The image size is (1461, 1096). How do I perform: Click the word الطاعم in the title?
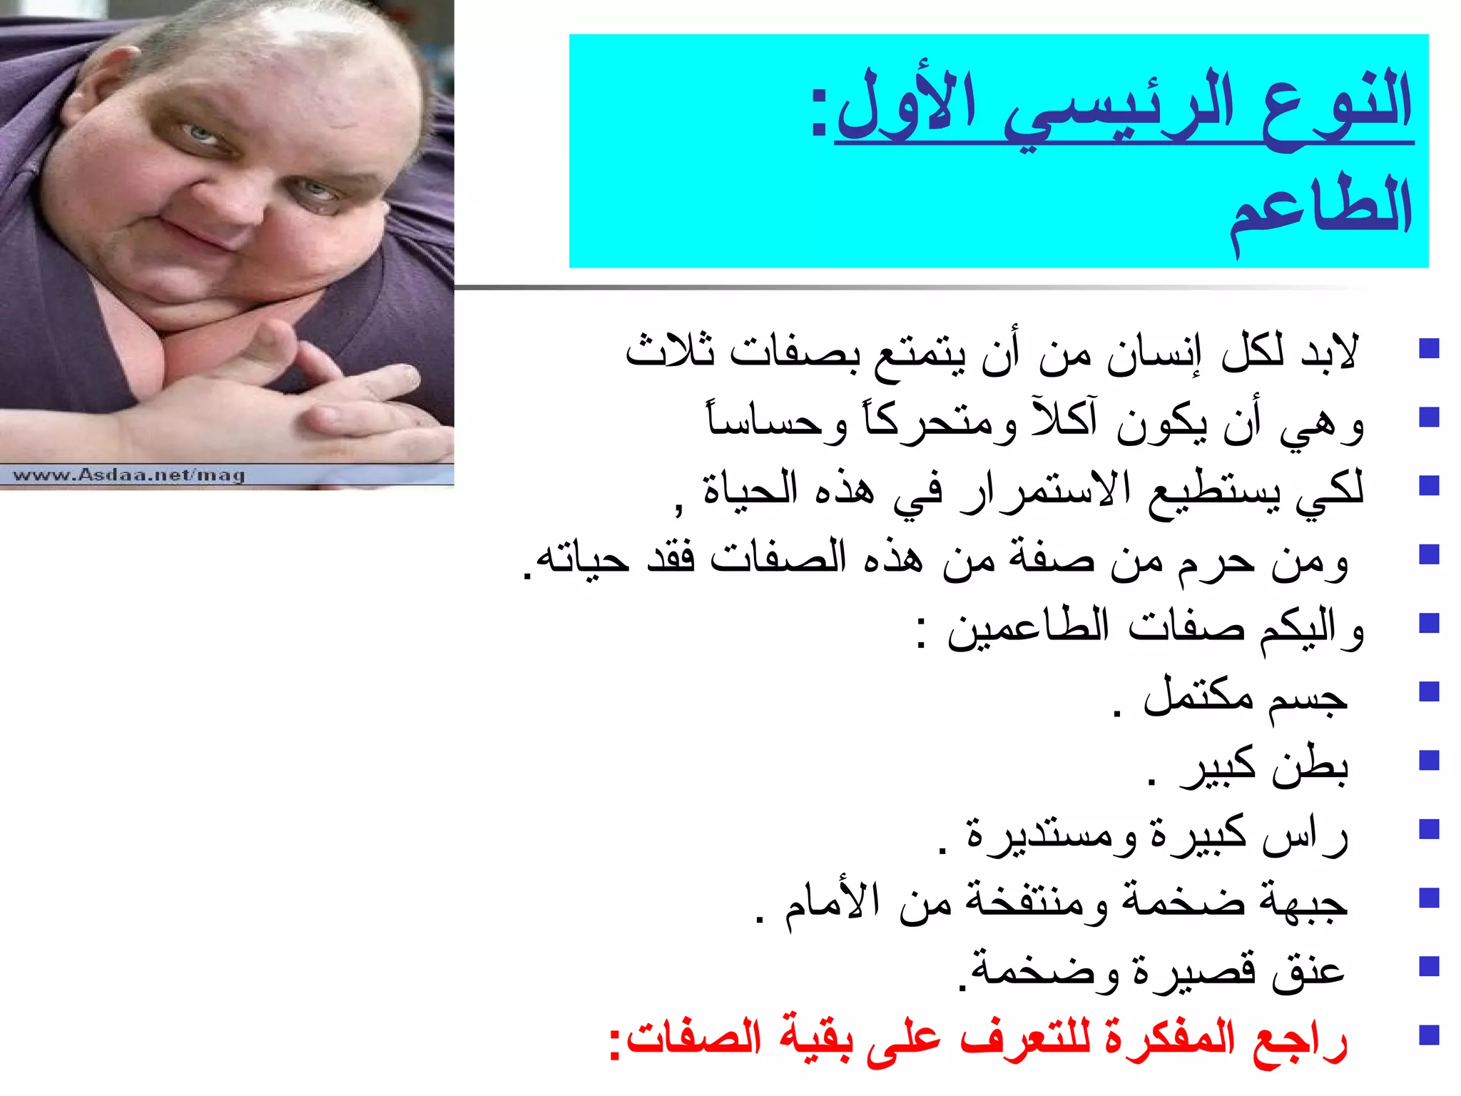(1320, 210)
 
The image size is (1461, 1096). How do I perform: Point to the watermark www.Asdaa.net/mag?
(129, 475)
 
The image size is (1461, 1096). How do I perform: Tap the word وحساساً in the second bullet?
(778, 421)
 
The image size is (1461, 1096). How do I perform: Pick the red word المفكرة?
(1170, 1038)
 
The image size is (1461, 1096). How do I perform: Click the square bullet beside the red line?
(1429, 1035)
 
